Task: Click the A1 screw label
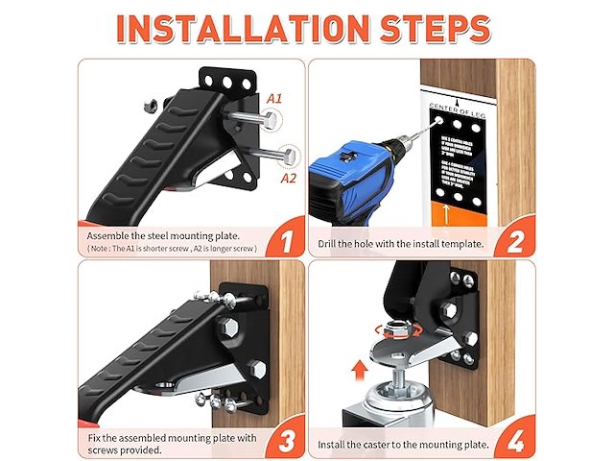point(274,99)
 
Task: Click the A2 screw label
point(288,178)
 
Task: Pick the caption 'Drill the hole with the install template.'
point(400,244)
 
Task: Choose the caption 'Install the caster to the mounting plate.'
point(403,444)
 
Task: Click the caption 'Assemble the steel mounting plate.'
point(164,235)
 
